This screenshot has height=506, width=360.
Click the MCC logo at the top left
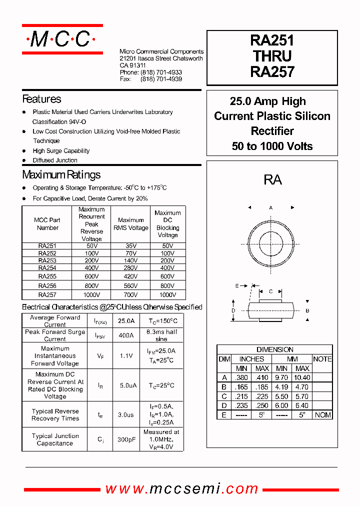tap(62, 39)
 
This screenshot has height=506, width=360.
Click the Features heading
tap(41, 99)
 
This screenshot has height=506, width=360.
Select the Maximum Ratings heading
tap(61, 174)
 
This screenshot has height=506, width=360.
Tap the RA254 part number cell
tap(47, 268)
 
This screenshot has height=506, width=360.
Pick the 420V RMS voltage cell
tap(130, 275)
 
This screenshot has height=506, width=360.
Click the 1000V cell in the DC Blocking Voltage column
tap(167, 295)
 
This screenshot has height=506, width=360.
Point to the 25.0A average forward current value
tap(126, 321)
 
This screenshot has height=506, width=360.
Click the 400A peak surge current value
tap(126, 335)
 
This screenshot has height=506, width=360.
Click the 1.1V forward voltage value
tap(126, 356)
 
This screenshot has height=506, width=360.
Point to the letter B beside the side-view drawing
tap(307, 310)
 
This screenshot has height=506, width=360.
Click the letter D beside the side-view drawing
tap(233, 310)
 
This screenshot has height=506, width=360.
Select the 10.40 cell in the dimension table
tap(302, 377)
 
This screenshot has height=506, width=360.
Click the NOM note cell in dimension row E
tap(322, 415)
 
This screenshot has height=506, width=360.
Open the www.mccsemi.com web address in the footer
tap(182, 488)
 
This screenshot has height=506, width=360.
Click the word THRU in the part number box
tap(272, 56)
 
